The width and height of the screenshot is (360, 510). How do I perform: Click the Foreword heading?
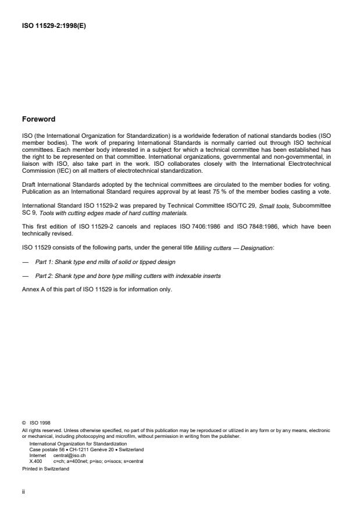click(x=38, y=119)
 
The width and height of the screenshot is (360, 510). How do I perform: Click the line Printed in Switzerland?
click(x=45, y=468)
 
